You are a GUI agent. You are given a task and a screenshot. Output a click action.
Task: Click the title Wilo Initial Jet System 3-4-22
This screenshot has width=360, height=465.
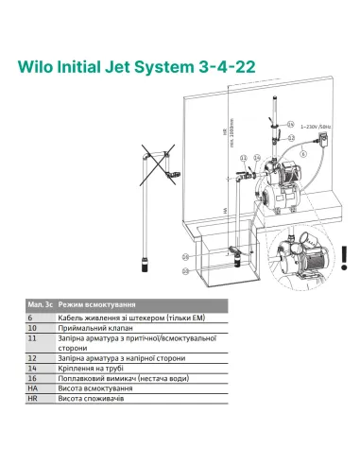pyautogui.click(x=142, y=68)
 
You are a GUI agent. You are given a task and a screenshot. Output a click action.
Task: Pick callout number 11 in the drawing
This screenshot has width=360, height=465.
pyautogui.click(x=244, y=157)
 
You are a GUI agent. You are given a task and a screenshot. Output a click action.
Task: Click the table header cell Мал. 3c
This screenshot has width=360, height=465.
pyautogui.click(x=38, y=307)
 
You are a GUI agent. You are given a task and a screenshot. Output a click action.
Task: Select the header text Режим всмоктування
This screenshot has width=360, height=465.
pyautogui.click(x=95, y=307)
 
